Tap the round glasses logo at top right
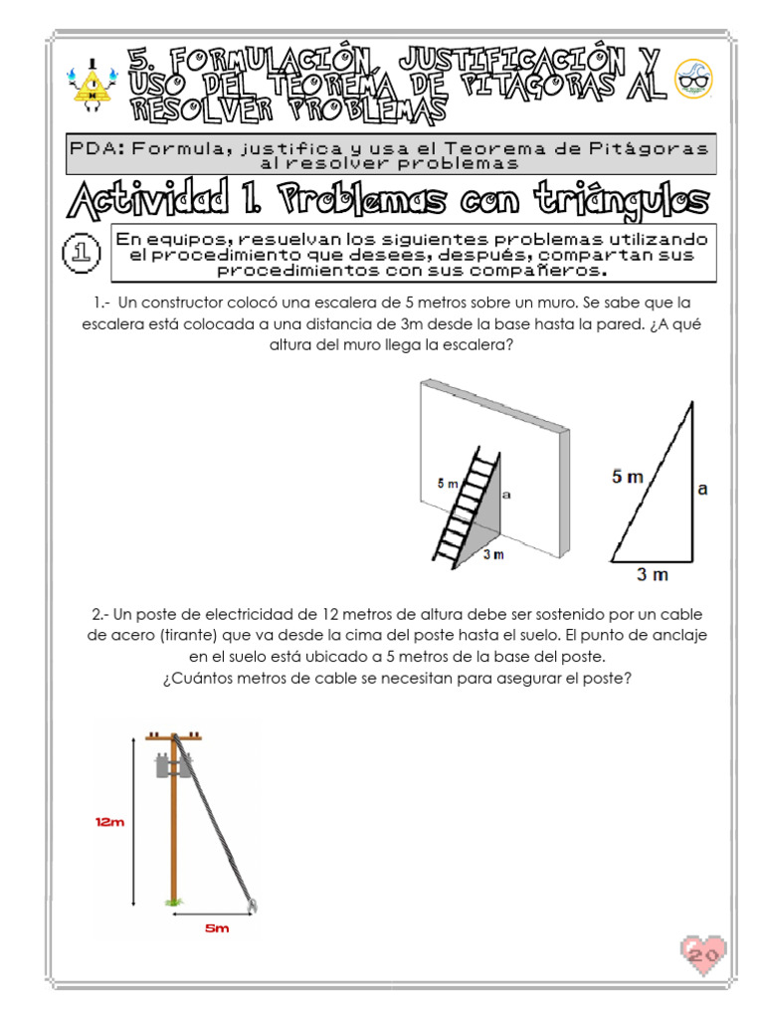693,80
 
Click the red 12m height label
109,822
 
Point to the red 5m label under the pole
216,928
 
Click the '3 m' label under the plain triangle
653,574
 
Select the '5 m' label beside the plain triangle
628,478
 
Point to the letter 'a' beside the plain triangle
702,489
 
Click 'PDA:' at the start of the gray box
96,148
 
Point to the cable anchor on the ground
253,905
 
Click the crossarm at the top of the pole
173,737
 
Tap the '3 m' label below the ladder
493,555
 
